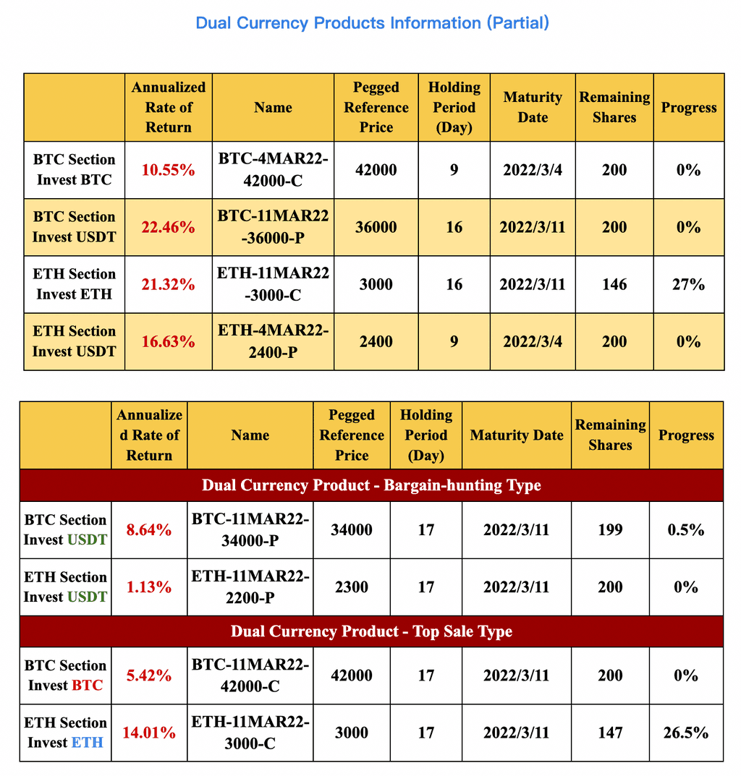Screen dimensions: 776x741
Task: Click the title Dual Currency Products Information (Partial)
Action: click(x=372, y=23)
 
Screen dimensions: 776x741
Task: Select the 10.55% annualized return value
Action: click(x=168, y=171)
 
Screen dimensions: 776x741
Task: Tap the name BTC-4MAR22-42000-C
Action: click(x=273, y=170)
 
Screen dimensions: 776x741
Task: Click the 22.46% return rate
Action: click(x=168, y=228)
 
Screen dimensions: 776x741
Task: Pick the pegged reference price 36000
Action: click(x=376, y=227)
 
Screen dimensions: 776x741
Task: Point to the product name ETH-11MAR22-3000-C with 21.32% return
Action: click(x=273, y=284)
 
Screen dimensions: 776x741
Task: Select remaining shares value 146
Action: click(x=614, y=284)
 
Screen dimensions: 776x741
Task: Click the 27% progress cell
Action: click(x=688, y=284)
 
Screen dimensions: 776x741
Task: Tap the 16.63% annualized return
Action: click(x=168, y=341)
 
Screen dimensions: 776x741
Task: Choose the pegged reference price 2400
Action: click(x=376, y=341)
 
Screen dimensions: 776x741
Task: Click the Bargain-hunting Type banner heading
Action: click(x=371, y=485)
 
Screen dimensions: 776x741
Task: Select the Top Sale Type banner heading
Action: click(x=371, y=631)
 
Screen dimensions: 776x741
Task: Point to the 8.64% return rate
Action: click(x=148, y=530)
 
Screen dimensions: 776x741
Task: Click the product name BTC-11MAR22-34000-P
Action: click(x=250, y=530)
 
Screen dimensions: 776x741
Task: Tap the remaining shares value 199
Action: click(x=610, y=530)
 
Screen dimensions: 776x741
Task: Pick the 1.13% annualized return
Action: click(x=148, y=587)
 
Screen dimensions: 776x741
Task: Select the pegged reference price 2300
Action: click(x=351, y=587)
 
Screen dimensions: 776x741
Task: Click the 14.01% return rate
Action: click(x=148, y=733)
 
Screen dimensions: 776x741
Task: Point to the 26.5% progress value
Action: click(x=685, y=733)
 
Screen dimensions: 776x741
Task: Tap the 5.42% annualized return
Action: click(x=148, y=675)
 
